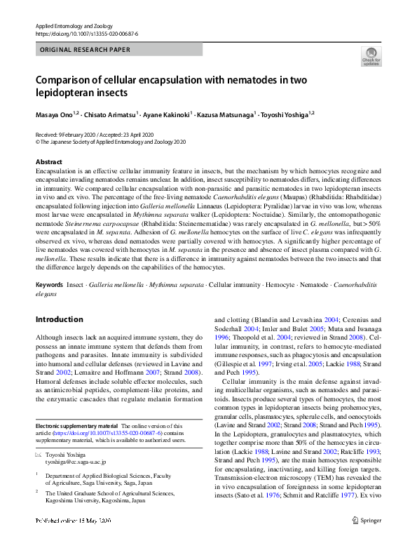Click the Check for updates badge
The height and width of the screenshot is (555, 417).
[x=371, y=57]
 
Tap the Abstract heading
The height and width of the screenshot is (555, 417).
[x=48, y=162]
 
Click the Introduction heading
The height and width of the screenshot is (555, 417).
[x=59, y=319]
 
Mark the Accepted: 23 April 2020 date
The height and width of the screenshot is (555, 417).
[x=137, y=134]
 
